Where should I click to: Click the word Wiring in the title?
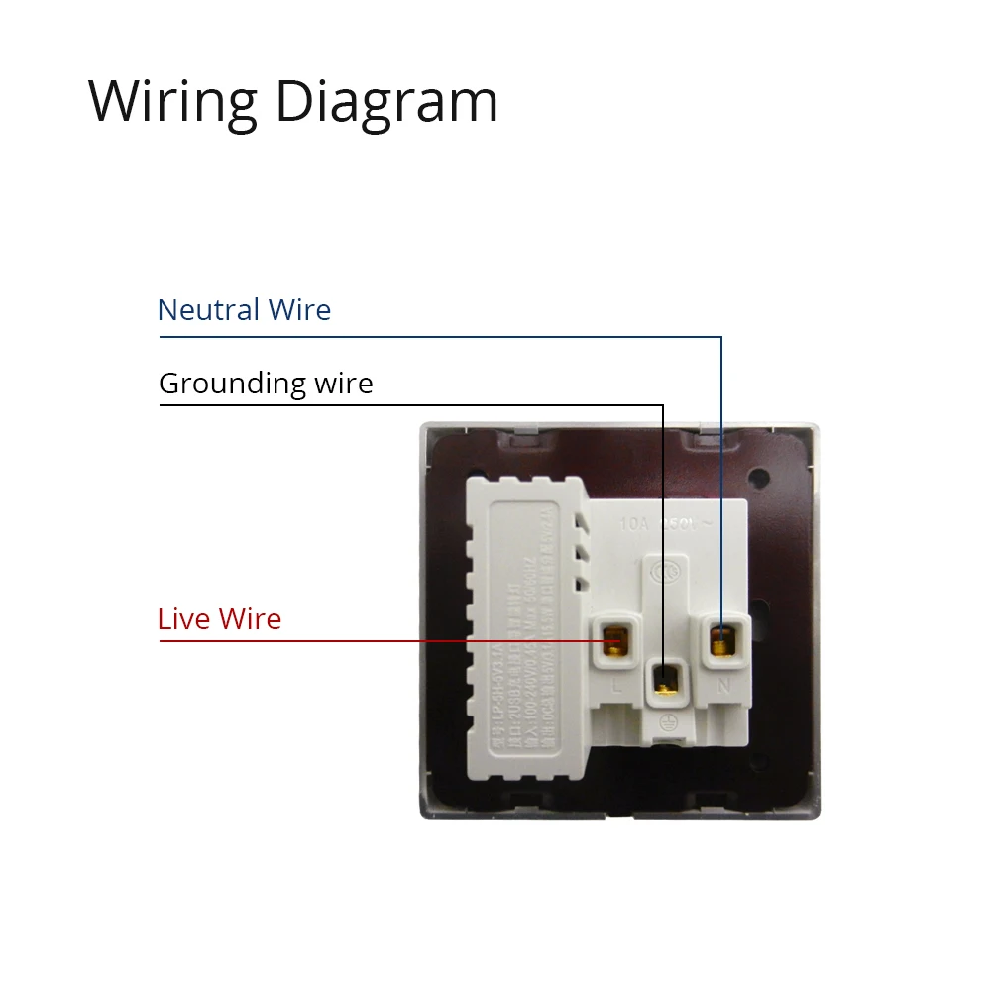pos(172,101)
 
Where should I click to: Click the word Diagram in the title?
pos(386,101)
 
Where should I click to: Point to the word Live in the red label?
pos(184,619)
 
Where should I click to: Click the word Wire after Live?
pos(250,619)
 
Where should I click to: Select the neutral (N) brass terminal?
pos(721,639)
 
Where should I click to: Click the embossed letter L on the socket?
pos(617,684)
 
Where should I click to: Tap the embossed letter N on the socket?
pos(723,684)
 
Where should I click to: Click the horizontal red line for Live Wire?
pos(377,641)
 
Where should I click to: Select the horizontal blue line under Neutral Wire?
pos(436,337)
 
